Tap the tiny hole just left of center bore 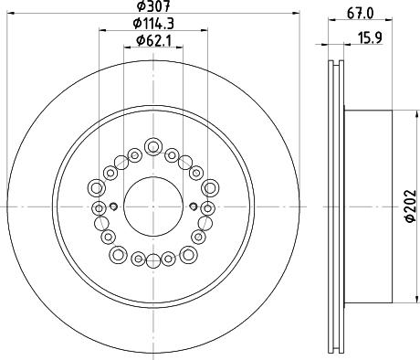click(x=112, y=206)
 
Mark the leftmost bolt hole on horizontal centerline click(x=99, y=207)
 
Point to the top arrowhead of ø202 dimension click(x=402, y=114)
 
